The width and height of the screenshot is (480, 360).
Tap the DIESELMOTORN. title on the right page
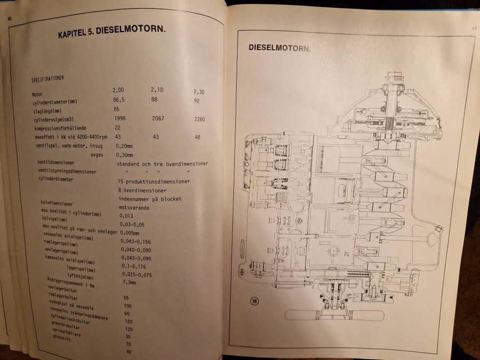coord(280,47)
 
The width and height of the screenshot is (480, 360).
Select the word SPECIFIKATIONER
coord(48,78)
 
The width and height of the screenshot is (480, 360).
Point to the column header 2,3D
coord(199,92)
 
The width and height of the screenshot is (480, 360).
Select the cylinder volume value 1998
coord(123,118)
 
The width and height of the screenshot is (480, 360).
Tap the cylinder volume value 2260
coord(200,119)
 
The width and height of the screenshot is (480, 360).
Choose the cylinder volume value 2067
coord(161,118)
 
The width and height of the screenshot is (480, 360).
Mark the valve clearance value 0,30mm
coord(124,155)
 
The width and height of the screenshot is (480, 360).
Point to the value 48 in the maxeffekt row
coord(198,138)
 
